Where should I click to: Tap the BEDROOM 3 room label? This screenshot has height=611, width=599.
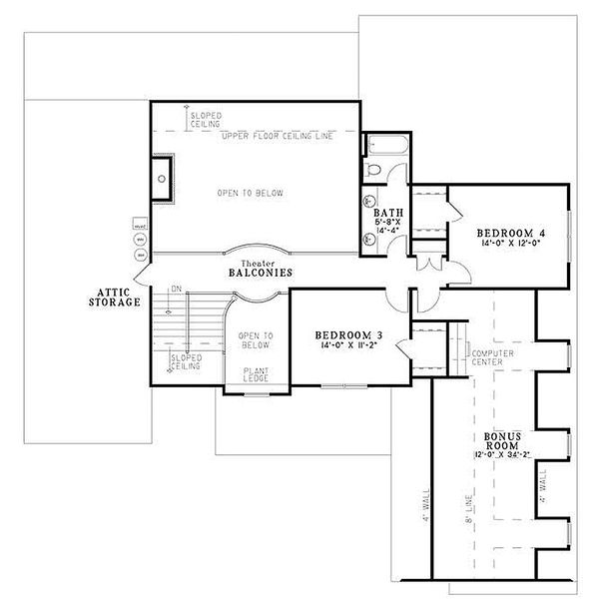click(344, 334)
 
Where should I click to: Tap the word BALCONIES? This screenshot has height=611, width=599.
click(258, 272)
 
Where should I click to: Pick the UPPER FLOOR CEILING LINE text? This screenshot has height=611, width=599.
click(277, 135)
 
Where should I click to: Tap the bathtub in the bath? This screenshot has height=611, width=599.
click(383, 148)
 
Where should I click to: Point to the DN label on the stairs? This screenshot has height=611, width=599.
click(177, 290)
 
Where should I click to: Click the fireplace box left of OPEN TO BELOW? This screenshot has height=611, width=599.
click(163, 180)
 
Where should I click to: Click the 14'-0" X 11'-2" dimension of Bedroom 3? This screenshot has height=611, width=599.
click(344, 346)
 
